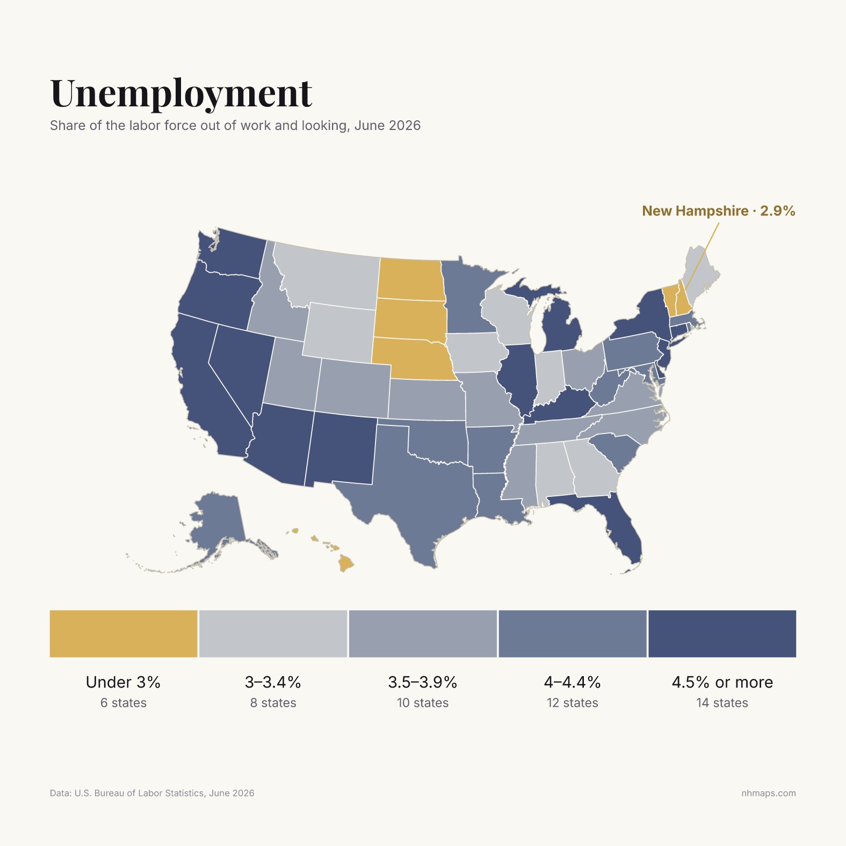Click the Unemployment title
click(181, 93)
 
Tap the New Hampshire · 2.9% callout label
click(718, 211)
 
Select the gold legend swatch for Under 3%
click(124, 633)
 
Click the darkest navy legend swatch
click(722, 633)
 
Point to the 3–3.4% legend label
click(273, 682)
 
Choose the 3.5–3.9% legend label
click(423, 682)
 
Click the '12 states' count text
click(573, 703)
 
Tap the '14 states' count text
click(722, 703)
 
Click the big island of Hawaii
click(346, 563)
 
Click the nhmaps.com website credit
click(769, 793)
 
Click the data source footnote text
click(152, 793)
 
